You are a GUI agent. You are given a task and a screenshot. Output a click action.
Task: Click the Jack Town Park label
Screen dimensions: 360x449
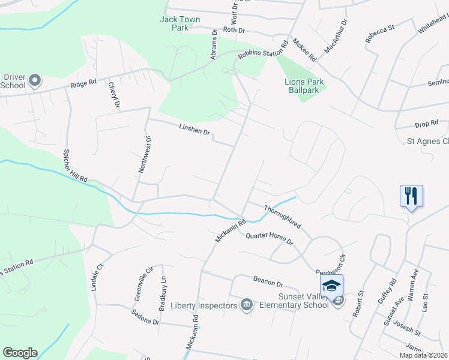[179, 23]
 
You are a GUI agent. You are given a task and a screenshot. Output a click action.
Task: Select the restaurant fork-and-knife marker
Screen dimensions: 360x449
[411, 196]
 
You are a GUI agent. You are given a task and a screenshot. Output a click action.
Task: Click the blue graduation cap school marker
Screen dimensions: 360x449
[331, 286]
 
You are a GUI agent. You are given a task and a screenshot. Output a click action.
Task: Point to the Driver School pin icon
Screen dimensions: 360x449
[35, 80]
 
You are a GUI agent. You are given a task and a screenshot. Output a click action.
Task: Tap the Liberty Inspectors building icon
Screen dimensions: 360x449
[246, 305]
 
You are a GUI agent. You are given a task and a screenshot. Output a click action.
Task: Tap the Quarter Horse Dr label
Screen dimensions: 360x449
[268, 238]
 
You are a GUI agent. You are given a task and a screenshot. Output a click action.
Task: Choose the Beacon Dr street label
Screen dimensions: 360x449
[268, 281]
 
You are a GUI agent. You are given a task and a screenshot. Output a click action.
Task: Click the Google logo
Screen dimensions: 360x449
[20, 353]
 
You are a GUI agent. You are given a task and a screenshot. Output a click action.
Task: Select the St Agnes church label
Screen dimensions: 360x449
[427, 142]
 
